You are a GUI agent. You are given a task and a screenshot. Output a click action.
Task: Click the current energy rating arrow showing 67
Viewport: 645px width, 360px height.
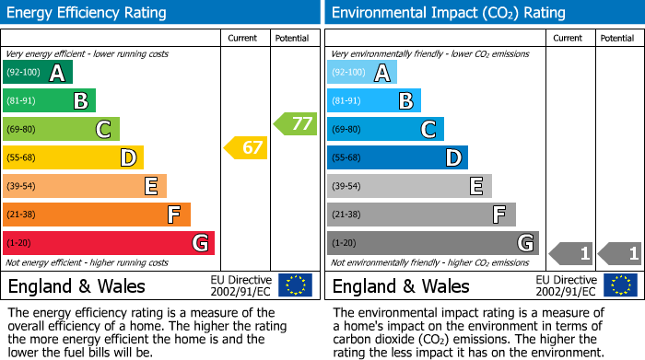[246, 147]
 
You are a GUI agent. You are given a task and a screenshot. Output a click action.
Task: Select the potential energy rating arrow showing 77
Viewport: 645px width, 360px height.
[295, 123]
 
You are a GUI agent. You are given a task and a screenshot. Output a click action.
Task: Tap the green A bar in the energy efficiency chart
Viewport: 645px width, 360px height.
[37, 73]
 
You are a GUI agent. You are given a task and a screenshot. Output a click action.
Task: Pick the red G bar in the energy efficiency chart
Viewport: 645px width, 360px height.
[109, 243]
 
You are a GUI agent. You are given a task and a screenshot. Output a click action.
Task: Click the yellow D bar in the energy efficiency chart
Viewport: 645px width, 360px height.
[73, 158]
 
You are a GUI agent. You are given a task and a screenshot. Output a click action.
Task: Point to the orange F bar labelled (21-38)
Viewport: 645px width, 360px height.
[97, 215]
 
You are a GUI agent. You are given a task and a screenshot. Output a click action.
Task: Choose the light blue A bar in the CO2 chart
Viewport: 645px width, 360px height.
[362, 73]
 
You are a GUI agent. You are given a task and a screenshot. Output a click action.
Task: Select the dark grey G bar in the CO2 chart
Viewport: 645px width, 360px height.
[432, 243]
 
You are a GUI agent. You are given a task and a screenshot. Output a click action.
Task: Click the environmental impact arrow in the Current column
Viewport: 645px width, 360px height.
[570, 252]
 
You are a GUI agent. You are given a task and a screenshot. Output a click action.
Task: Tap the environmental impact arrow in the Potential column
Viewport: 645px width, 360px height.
[619, 252]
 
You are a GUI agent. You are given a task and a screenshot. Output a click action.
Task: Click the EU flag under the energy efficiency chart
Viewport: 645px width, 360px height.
[295, 285]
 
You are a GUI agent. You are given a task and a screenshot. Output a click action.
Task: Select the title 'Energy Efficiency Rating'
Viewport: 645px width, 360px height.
[88, 13]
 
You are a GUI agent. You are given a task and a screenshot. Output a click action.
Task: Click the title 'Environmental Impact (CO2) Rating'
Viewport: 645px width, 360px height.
[448, 13]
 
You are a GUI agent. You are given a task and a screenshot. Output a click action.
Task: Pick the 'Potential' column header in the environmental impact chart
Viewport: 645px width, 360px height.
[617, 38]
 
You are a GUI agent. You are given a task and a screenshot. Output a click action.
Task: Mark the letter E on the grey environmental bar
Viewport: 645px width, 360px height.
[476, 186]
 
